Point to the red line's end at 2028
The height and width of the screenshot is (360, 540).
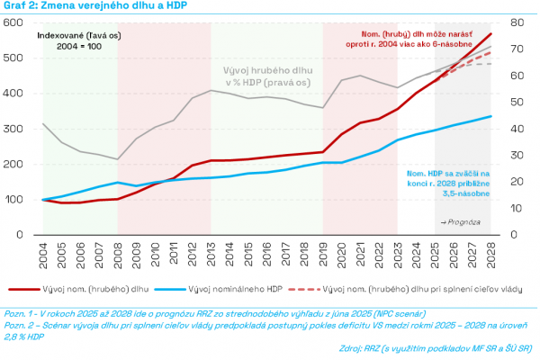(491, 33)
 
